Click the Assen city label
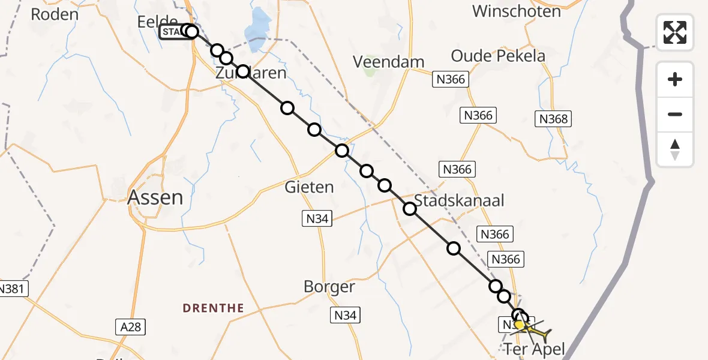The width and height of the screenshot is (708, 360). point(155,197)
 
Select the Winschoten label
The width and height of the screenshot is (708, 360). point(516,11)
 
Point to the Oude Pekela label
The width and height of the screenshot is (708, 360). point(498,56)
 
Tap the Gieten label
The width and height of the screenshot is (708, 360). point(309,187)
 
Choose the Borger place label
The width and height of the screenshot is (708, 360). point(329,287)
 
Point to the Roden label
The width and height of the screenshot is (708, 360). point(54,14)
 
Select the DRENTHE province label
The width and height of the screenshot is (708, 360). point(214,308)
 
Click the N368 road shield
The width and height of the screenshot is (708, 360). point(553,119)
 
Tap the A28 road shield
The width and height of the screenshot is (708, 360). point(130,326)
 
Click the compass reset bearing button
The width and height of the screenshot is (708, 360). point(675,149)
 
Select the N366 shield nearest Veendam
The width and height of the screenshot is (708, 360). point(451,79)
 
